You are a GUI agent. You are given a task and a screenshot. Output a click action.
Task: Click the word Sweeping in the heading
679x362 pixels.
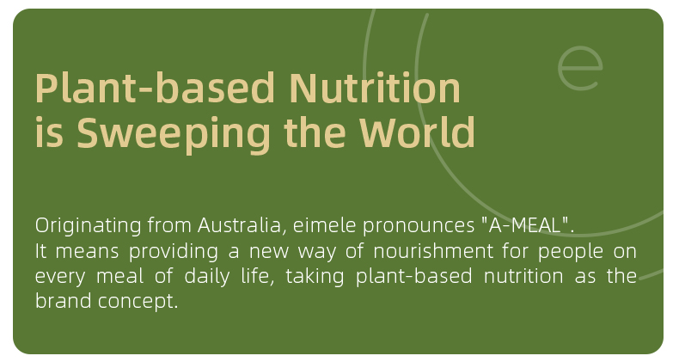click(x=174, y=134)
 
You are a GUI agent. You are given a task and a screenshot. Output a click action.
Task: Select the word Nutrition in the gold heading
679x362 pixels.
click(x=375, y=88)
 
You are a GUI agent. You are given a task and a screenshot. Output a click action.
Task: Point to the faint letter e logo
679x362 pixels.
click(x=580, y=68)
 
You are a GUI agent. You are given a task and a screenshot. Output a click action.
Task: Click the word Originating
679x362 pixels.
click(x=89, y=226)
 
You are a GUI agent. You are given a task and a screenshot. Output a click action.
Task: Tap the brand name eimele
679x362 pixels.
click(x=324, y=225)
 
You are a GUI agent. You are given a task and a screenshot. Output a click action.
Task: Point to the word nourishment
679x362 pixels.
click(x=433, y=251)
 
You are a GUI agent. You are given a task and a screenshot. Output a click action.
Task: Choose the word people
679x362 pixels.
click(x=571, y=252)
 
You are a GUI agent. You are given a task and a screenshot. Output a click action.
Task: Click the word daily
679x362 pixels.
click(x=206, y=277)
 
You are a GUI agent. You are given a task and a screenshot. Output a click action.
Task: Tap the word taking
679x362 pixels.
click(x=315, y=277)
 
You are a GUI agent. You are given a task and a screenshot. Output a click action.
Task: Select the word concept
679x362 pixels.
click(x=138, y=302)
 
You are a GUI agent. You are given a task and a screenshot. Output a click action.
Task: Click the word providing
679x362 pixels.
click(x=174, y=252)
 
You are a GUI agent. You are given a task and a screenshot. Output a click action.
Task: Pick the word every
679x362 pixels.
click(x=60, y=278)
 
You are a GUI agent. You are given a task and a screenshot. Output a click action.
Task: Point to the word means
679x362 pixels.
click(x=87, y=252)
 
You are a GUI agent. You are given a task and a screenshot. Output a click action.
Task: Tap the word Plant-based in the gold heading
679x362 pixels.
click(x=155, y=88)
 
